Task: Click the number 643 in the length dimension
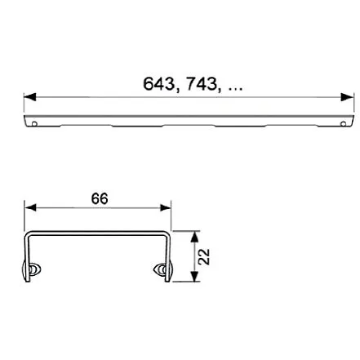tap(159, 84)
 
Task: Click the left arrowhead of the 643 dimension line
tap(29, 97)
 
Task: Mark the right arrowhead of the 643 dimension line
tap(348, 97)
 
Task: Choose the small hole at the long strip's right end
tap(343, 125)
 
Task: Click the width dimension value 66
tap(100, 199)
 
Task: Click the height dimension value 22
tap(205, 256)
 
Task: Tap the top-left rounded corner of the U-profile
tap(29, 235)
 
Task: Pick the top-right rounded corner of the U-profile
tap(167, 235)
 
